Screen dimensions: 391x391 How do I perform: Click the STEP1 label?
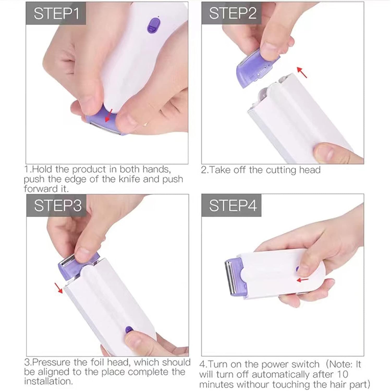56,13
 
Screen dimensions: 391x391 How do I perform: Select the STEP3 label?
57,205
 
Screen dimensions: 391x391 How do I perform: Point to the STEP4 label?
232,205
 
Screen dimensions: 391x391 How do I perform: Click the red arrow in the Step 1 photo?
109,115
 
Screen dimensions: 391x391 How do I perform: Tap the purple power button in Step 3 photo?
128,329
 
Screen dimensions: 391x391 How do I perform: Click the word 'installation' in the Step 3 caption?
48,381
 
